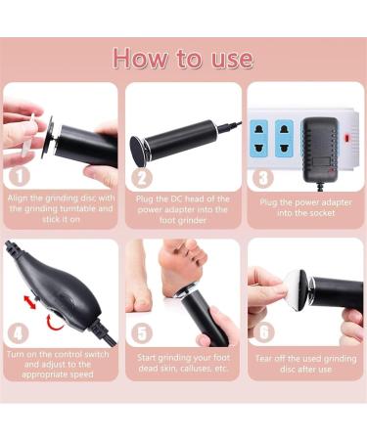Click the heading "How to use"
(183, 57)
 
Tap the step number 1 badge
(18, 176)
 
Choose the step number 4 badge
(18, 332)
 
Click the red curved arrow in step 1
(46, 127)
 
